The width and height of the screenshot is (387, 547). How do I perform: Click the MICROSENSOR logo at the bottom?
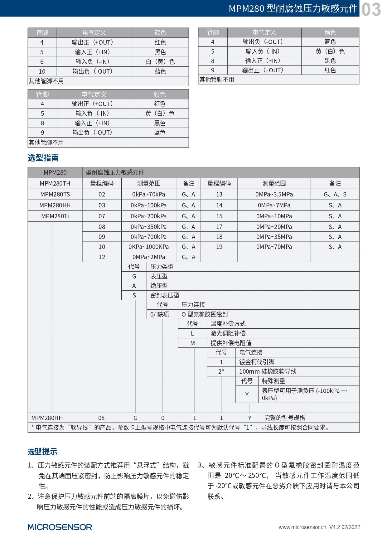[x=60, y=527]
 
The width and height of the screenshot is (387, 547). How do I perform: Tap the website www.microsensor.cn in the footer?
[x=302, y=527]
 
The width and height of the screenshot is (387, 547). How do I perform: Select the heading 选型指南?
[x=43, y=158]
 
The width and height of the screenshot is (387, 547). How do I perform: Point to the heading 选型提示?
[x=42, y=451]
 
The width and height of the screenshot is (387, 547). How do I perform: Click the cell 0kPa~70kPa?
[x=148, y=194]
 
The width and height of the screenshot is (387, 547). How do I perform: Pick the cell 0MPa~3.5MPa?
[x=274, y=194]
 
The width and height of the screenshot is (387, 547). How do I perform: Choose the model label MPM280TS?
[x=55, y=194]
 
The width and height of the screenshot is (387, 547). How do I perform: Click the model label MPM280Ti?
[x=55, y=216]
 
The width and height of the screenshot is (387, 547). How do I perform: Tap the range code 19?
[x=219, y=247]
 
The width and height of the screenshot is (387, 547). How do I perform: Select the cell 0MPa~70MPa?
[x=274, y=247]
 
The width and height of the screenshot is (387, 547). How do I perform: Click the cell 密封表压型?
[x=165, y=295]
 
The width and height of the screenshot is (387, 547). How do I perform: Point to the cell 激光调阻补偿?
[x=228, y=333]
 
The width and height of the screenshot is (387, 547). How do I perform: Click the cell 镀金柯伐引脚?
[x=257, y=362]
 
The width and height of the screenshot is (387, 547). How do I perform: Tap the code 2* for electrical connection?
[x=221, y=371]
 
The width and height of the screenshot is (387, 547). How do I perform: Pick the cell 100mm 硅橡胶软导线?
[x=268, y=371]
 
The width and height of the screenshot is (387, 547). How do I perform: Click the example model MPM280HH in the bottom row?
[x=47, y=418]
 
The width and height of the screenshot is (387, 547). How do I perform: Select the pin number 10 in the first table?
[x=42, y=71]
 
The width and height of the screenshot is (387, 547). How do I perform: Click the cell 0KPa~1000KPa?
[x=148, y=247]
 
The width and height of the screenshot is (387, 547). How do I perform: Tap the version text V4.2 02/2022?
[x=345, y=527]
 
